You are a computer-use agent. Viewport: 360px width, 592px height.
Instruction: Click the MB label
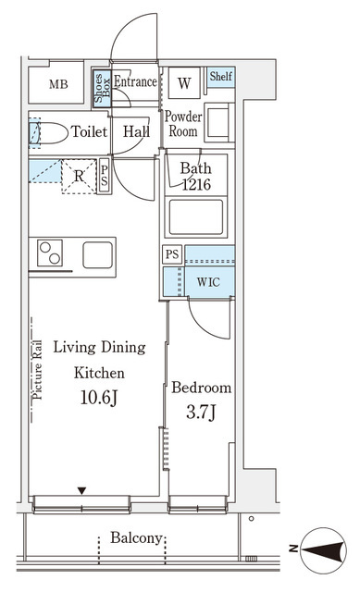58,84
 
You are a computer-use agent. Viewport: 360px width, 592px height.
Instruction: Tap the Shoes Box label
102,89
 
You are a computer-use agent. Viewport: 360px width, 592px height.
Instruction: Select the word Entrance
135,81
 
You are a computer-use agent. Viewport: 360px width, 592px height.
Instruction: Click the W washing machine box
184,83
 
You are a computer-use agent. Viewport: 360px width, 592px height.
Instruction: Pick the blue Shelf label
221,76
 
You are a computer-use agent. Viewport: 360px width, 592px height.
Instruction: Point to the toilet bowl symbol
48,132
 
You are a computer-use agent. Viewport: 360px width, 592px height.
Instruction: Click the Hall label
136,131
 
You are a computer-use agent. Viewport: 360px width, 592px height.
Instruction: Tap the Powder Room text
183,123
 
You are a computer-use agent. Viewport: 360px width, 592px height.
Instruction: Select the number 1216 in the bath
196,184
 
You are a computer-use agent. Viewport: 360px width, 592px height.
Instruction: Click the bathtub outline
196,217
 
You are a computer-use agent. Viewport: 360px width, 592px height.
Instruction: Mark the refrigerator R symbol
79,176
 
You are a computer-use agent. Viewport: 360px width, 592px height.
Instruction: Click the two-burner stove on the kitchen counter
50,253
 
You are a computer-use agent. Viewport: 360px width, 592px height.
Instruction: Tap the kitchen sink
98,255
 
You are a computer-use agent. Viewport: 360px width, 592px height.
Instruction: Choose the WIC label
208,282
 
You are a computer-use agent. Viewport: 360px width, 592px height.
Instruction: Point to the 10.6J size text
99,398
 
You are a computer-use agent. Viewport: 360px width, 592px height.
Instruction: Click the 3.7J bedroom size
202,412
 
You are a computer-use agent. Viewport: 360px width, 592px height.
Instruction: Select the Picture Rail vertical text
37,370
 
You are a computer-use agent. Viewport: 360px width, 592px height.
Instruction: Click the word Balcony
136,538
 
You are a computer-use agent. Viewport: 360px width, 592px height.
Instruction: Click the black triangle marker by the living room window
81,491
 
